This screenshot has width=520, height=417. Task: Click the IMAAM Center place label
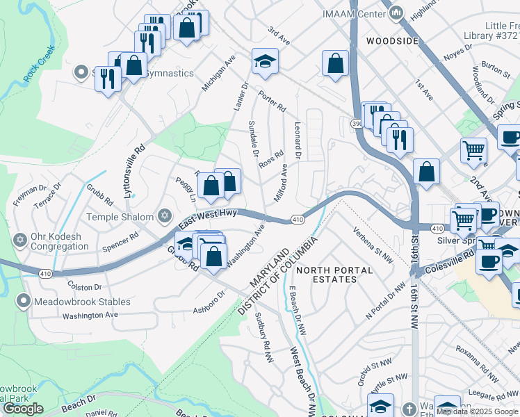click(x=355, y=13)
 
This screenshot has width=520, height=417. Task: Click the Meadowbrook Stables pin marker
click(x=24, y=302)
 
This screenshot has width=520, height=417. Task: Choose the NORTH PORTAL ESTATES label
click(x=327, y=274)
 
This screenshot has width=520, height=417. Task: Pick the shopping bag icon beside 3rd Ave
click(x=335, y=64)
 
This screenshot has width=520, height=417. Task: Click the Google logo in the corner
click(x=23, y=409)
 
